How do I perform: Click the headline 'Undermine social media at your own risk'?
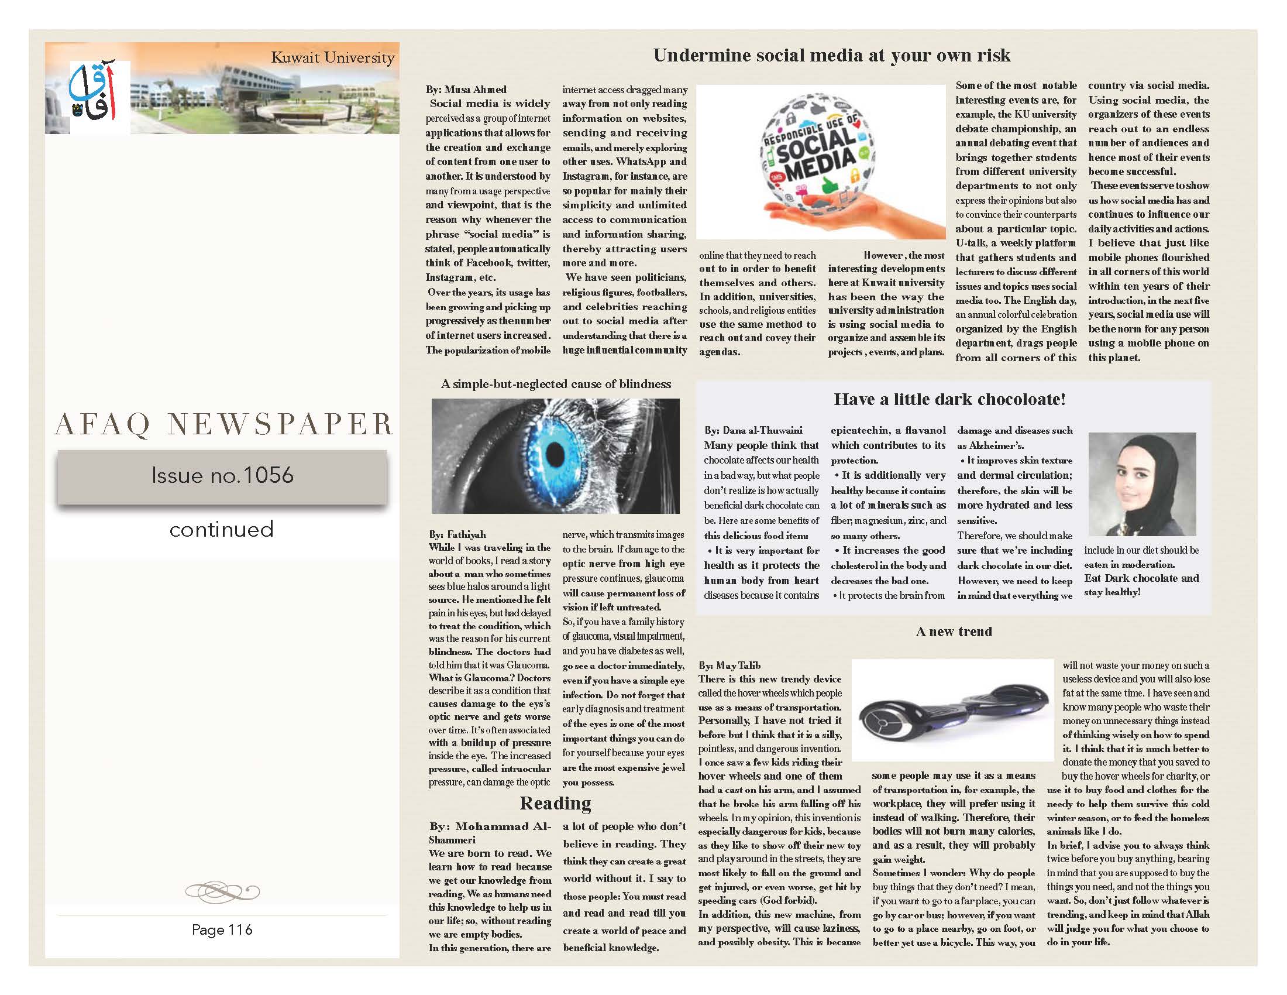coord(831,56)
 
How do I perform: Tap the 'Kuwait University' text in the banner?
coord(332,58)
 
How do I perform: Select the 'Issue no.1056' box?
coord(222,476)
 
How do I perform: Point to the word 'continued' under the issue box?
coord(222,529)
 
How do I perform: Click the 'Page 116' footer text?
coord(222,929)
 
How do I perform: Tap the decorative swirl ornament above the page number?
coord(222,891)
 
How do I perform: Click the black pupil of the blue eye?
coord(556,454)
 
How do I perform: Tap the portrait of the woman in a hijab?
coord(1142,484)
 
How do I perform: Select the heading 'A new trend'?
coord(954,632)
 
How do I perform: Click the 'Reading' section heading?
coord(555,804)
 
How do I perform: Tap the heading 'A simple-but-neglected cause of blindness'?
coord(556,385)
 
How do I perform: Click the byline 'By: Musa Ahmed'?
coord(466,90)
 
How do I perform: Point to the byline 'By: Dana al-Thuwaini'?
coord(753,430)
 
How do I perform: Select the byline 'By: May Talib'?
coord(729,665)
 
